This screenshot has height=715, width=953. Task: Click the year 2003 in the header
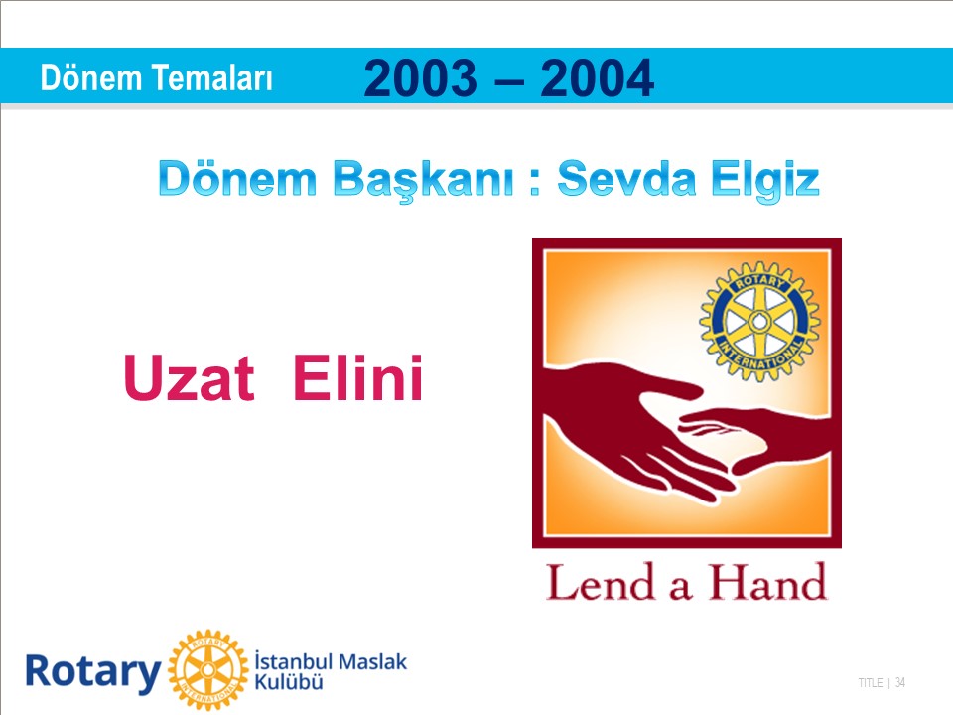(420, 77)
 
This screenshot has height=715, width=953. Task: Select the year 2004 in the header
(597, 77)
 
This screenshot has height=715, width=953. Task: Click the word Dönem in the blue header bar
(90, 78)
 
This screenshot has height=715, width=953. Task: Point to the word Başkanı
(424, 180)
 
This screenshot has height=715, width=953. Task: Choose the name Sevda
(626, 178)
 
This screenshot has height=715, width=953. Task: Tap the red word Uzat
(189, 377)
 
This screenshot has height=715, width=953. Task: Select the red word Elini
(358, 377)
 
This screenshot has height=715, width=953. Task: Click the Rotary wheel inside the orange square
(759, 321)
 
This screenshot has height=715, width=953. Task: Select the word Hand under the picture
(767, 583)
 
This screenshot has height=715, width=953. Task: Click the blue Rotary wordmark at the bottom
(93, 672)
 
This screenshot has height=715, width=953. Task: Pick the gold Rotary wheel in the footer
(208, 670)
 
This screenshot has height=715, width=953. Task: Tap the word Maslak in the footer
(372, 661)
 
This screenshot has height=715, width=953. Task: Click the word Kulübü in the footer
(289, 682)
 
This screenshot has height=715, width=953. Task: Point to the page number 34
(900, 683)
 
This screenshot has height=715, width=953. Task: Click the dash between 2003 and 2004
(508, 80)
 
